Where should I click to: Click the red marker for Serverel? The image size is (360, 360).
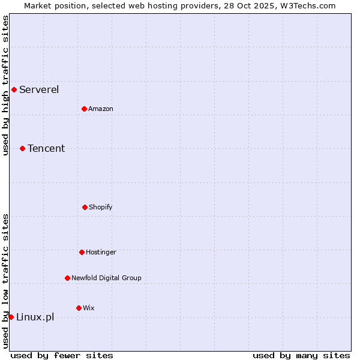coord(14,90)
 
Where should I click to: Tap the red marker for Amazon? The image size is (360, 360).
coord(84,109)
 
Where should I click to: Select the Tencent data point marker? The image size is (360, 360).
coord(22,148)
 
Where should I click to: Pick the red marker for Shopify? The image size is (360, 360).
coord(85,207)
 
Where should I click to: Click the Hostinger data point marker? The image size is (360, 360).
coord(82,252)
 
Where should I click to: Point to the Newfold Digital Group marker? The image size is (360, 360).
coord(67,278)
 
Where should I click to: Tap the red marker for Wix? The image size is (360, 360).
coord(79,308)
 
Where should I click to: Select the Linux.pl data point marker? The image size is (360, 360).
coord(11,317)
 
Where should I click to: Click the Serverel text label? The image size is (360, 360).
coord(39,90)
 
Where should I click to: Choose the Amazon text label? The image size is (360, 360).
coord(101,109)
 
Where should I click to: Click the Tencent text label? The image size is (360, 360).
coord(46,148)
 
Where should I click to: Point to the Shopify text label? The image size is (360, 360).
coord(101,207)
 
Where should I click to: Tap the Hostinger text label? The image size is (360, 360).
coord(101,252)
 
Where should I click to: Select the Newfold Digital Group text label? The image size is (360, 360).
coord(106,278)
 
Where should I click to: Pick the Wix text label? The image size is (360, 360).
coord(89,308)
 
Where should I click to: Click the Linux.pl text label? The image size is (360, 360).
coord(35,317)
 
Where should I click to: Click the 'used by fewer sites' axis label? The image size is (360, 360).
coord(62,355)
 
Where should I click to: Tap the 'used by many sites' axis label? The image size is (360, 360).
coord(301,355)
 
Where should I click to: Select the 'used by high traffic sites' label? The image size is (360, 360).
coord(5,85)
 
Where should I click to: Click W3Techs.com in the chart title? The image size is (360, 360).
coord(305,5)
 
